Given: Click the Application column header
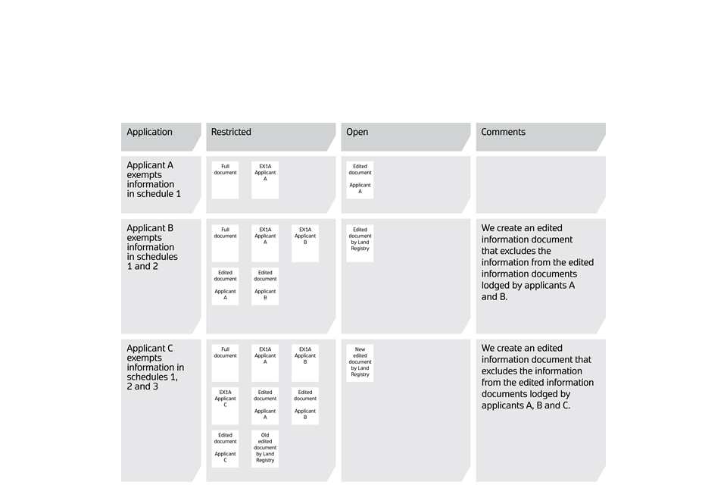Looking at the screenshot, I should click(150, 132).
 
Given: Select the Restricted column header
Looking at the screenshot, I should click(231, 132).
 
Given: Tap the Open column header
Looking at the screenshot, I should click(357, 132).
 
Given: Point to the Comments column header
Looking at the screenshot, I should click(503, 132).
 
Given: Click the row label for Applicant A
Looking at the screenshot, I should click(154, 180).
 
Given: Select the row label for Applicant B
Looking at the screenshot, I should click(151, 247).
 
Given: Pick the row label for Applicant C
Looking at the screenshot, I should click(155, 368).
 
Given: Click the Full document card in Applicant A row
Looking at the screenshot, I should click(225, 180).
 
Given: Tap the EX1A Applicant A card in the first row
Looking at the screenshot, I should click(265, 180).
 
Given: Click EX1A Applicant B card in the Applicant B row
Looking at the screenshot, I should click(305, 243).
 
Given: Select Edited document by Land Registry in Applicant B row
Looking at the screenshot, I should click(360, 243).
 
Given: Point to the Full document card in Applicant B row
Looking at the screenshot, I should click(225, 243).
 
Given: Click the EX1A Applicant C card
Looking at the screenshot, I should click(225, 406).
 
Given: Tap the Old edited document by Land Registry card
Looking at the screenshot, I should click(265, 449).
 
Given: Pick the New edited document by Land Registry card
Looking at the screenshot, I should click(360, 363).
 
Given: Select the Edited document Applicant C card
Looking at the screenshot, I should click(225, 449).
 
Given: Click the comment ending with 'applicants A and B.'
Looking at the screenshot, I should click(538, 262).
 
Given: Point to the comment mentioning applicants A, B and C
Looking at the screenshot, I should click(538, 377).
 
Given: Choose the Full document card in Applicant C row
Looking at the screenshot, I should click(225, 363).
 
